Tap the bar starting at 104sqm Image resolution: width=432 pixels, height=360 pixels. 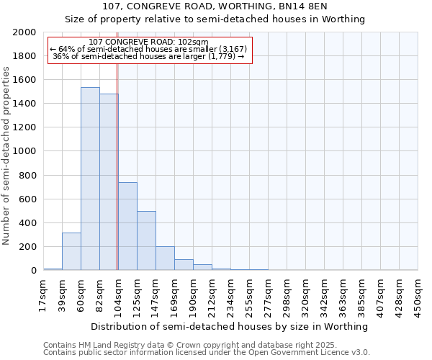[x=127, y=226]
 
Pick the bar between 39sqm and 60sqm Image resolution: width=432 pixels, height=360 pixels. [x=71, y=251]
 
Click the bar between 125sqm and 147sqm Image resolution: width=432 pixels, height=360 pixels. [x=146, y=240]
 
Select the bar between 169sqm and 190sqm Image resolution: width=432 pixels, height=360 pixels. [x=184, y=265]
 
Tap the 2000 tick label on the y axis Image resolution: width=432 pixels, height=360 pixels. [x=25, y=32]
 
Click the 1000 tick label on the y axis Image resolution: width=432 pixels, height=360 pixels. [x=25, y=152]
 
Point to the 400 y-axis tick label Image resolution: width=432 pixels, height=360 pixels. [x=29, y=223]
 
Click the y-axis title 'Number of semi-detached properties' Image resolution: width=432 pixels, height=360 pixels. [x=6, y=156]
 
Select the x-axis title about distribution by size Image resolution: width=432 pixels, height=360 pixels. [x=230, y=326]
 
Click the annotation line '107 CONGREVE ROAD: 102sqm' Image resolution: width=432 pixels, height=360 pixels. [x=149, y=42]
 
